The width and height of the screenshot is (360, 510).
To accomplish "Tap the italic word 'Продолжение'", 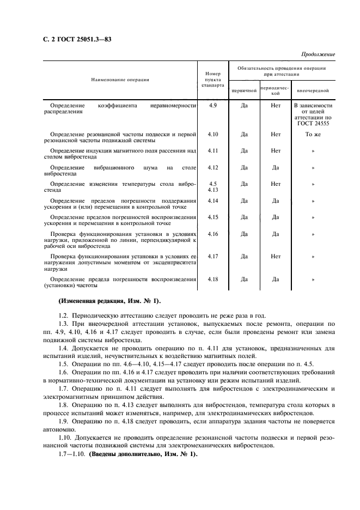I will [x=318, y=54].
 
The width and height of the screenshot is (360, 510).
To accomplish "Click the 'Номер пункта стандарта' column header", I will [x=212, y=80].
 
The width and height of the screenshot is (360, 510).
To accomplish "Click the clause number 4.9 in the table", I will [x=212, y=105].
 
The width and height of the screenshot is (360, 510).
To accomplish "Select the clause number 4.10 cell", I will [x=212, y=133].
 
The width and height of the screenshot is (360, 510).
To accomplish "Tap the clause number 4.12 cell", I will [x=212, y=167].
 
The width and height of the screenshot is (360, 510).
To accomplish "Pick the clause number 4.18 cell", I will [x=212, y=279].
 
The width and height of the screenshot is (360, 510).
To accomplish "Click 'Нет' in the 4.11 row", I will [x=276, y=150].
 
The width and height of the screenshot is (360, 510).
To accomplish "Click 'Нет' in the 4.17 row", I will [x=276, y=256].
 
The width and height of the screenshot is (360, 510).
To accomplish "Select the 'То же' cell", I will [x=313, y=133].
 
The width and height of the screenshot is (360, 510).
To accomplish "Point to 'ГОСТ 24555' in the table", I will [x=313, y=124].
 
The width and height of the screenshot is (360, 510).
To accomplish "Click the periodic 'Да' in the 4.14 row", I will [x=276, y=201].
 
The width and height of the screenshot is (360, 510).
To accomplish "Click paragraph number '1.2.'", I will [x=64, y=315].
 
